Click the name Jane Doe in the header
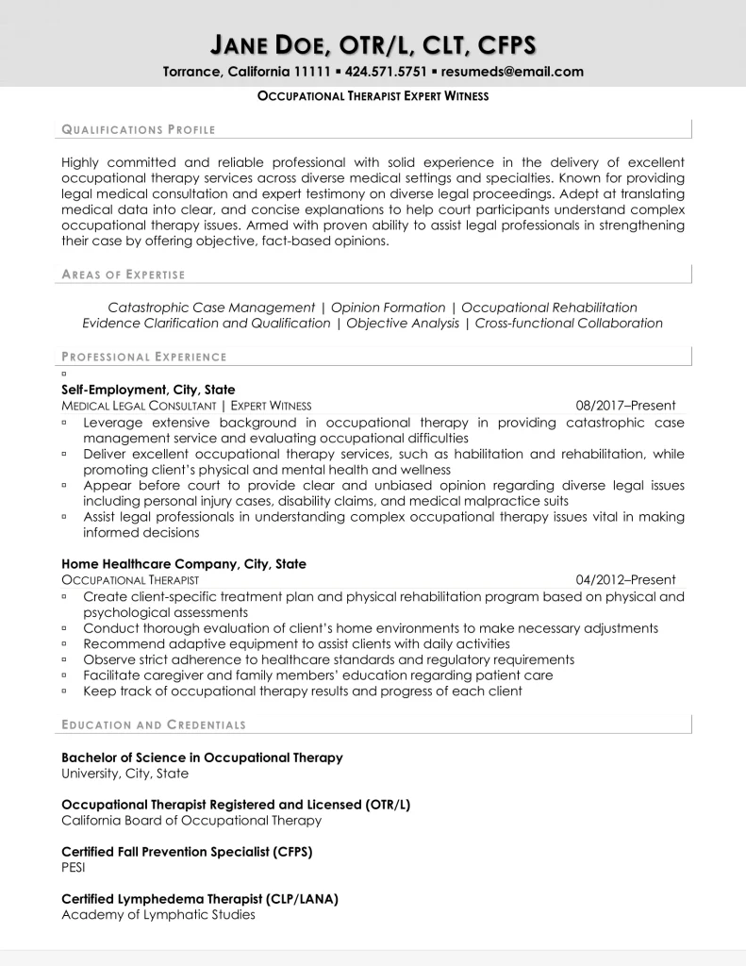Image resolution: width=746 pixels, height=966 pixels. click(x=272, y=43)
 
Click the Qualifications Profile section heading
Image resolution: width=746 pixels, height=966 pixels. click(x=139, y=129)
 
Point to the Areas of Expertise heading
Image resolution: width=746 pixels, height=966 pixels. click(x=124, y=275)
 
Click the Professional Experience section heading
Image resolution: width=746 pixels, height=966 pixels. click(x=144, y=357)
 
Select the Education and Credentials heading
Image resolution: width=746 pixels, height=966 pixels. click(x=154, y=724)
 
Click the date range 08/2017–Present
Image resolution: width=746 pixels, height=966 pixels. click(x=626, y=406)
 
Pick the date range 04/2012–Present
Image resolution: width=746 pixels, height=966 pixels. click(x=626, y=580)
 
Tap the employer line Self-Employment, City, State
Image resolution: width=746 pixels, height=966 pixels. click(x=148, y=389)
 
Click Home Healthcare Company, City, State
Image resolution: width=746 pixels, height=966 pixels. click(x=184, y=564)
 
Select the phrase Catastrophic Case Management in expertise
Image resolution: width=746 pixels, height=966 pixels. click(x=211, y=308)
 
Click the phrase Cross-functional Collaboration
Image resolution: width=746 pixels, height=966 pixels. click(x=569, y=323)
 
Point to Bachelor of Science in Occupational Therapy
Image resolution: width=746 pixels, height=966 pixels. click(x=202, y=758)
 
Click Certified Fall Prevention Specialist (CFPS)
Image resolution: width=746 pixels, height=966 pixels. click(x=187, y=852)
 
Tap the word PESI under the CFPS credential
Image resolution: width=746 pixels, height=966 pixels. click(x=74, y=867)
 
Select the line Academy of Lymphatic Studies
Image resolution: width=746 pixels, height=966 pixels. click(x=158, y=914)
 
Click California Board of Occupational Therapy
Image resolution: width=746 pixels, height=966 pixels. click(x=191, y=820)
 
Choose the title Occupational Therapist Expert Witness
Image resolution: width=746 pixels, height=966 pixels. click(x=373, y=96)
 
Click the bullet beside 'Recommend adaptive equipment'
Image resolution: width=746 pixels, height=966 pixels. click(x=64, y=644)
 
